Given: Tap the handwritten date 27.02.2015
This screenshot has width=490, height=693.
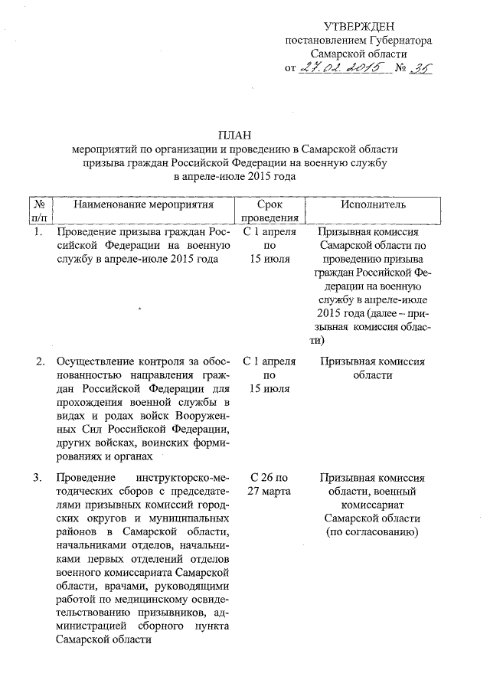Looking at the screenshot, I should pyautogui.click(x=341, y=67).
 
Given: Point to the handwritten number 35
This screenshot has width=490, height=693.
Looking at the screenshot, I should pyautogui.click(x=420, y=67).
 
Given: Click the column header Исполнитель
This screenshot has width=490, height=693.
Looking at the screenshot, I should pyautogui.click(x=373, y=205).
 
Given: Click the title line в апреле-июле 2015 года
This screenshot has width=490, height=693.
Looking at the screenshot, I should pyautogui.click(x=234, y=177).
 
